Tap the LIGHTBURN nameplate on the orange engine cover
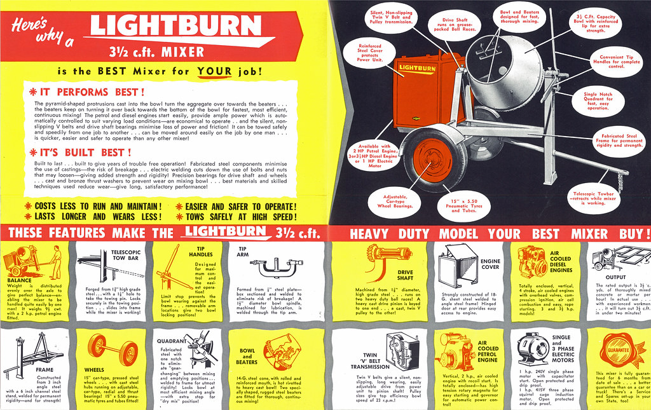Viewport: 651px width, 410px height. pos(418,67)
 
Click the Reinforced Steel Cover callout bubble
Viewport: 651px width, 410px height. pos(370,53)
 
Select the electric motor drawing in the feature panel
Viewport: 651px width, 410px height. pos(533,349)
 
